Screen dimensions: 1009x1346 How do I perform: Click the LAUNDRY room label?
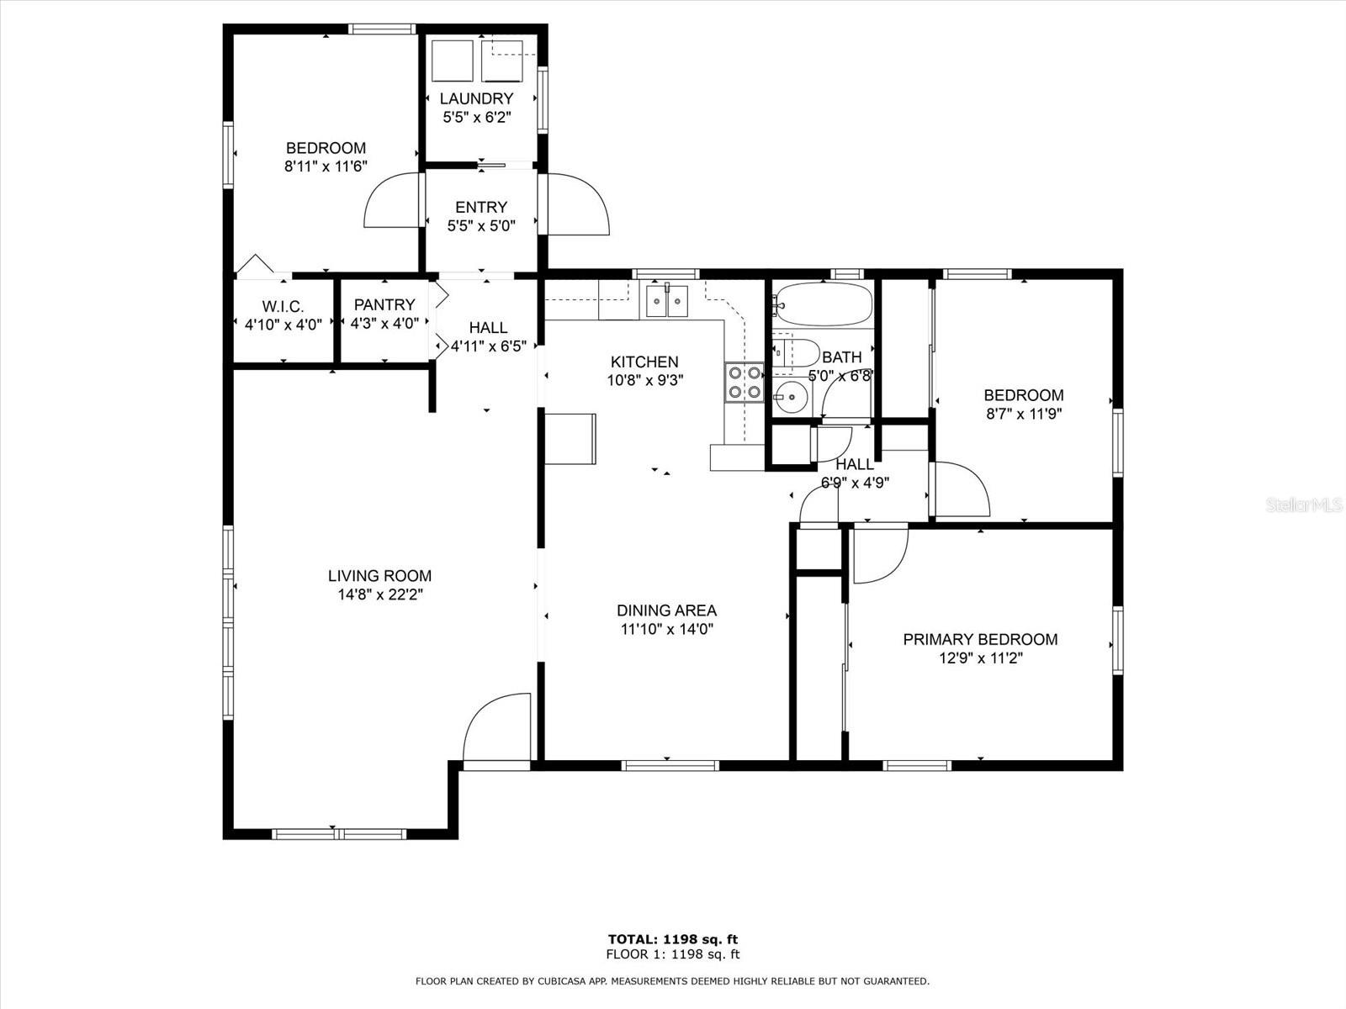point(476,98)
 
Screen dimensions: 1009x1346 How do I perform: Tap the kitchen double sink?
point(666,301)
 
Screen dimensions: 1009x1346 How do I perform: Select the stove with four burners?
point(744,381)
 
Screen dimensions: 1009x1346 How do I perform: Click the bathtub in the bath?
point(823,304)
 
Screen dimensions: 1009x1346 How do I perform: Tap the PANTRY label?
point(384,304)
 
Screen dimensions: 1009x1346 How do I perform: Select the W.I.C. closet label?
point(283,307)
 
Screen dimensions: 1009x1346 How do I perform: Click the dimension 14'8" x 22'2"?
point(379,594)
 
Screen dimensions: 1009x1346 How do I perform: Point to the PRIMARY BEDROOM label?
point(980,639)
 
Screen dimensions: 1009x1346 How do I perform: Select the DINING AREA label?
point(666,610)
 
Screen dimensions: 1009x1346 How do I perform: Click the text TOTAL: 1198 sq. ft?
point(673,939)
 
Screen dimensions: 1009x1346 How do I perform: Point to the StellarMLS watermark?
point(1305,505)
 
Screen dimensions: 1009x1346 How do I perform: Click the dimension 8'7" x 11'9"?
point(1024,414)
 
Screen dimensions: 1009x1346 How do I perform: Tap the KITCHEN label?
point(644,362)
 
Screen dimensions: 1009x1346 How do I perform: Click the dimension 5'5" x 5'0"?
point(480,225)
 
